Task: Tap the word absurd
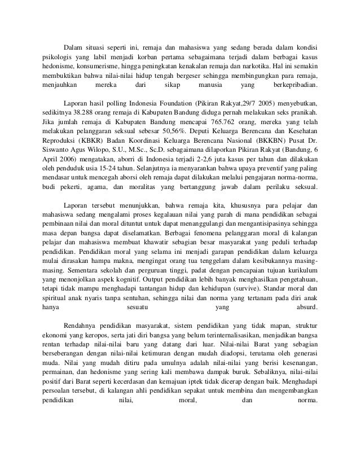307,307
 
